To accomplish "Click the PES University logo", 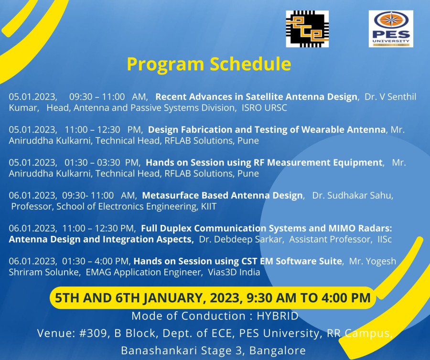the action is pos(391,29).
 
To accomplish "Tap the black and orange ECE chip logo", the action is pos(307,29).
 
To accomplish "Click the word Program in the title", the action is pos(166,64).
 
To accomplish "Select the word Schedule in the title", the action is pos(250,64).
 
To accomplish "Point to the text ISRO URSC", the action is pos(264,108).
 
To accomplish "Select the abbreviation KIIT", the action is pos(209,206).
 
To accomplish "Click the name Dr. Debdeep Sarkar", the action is pos(240,239).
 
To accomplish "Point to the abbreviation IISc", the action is pos(385,239).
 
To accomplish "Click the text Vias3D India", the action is pos(234,272).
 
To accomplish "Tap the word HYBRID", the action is pos(278,316).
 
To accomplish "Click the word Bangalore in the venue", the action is pos(278,350).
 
